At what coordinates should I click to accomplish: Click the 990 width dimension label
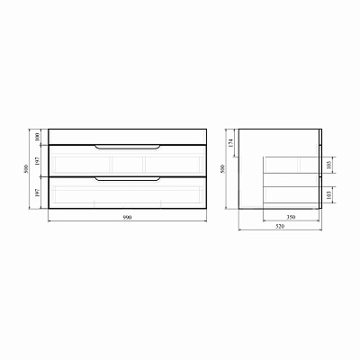pos(125,220)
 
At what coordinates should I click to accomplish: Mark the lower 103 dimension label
pos(331,195)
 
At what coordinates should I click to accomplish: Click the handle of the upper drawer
pos(126,147)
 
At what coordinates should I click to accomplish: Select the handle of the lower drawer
pos(126,179)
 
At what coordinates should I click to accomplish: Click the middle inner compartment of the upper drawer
pos(126,165)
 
